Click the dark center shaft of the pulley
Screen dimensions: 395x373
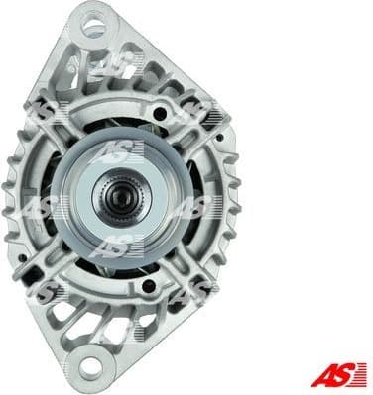click(119, 196)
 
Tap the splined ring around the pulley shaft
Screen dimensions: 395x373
click(119, 196)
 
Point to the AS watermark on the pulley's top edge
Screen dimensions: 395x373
click(119, 150)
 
